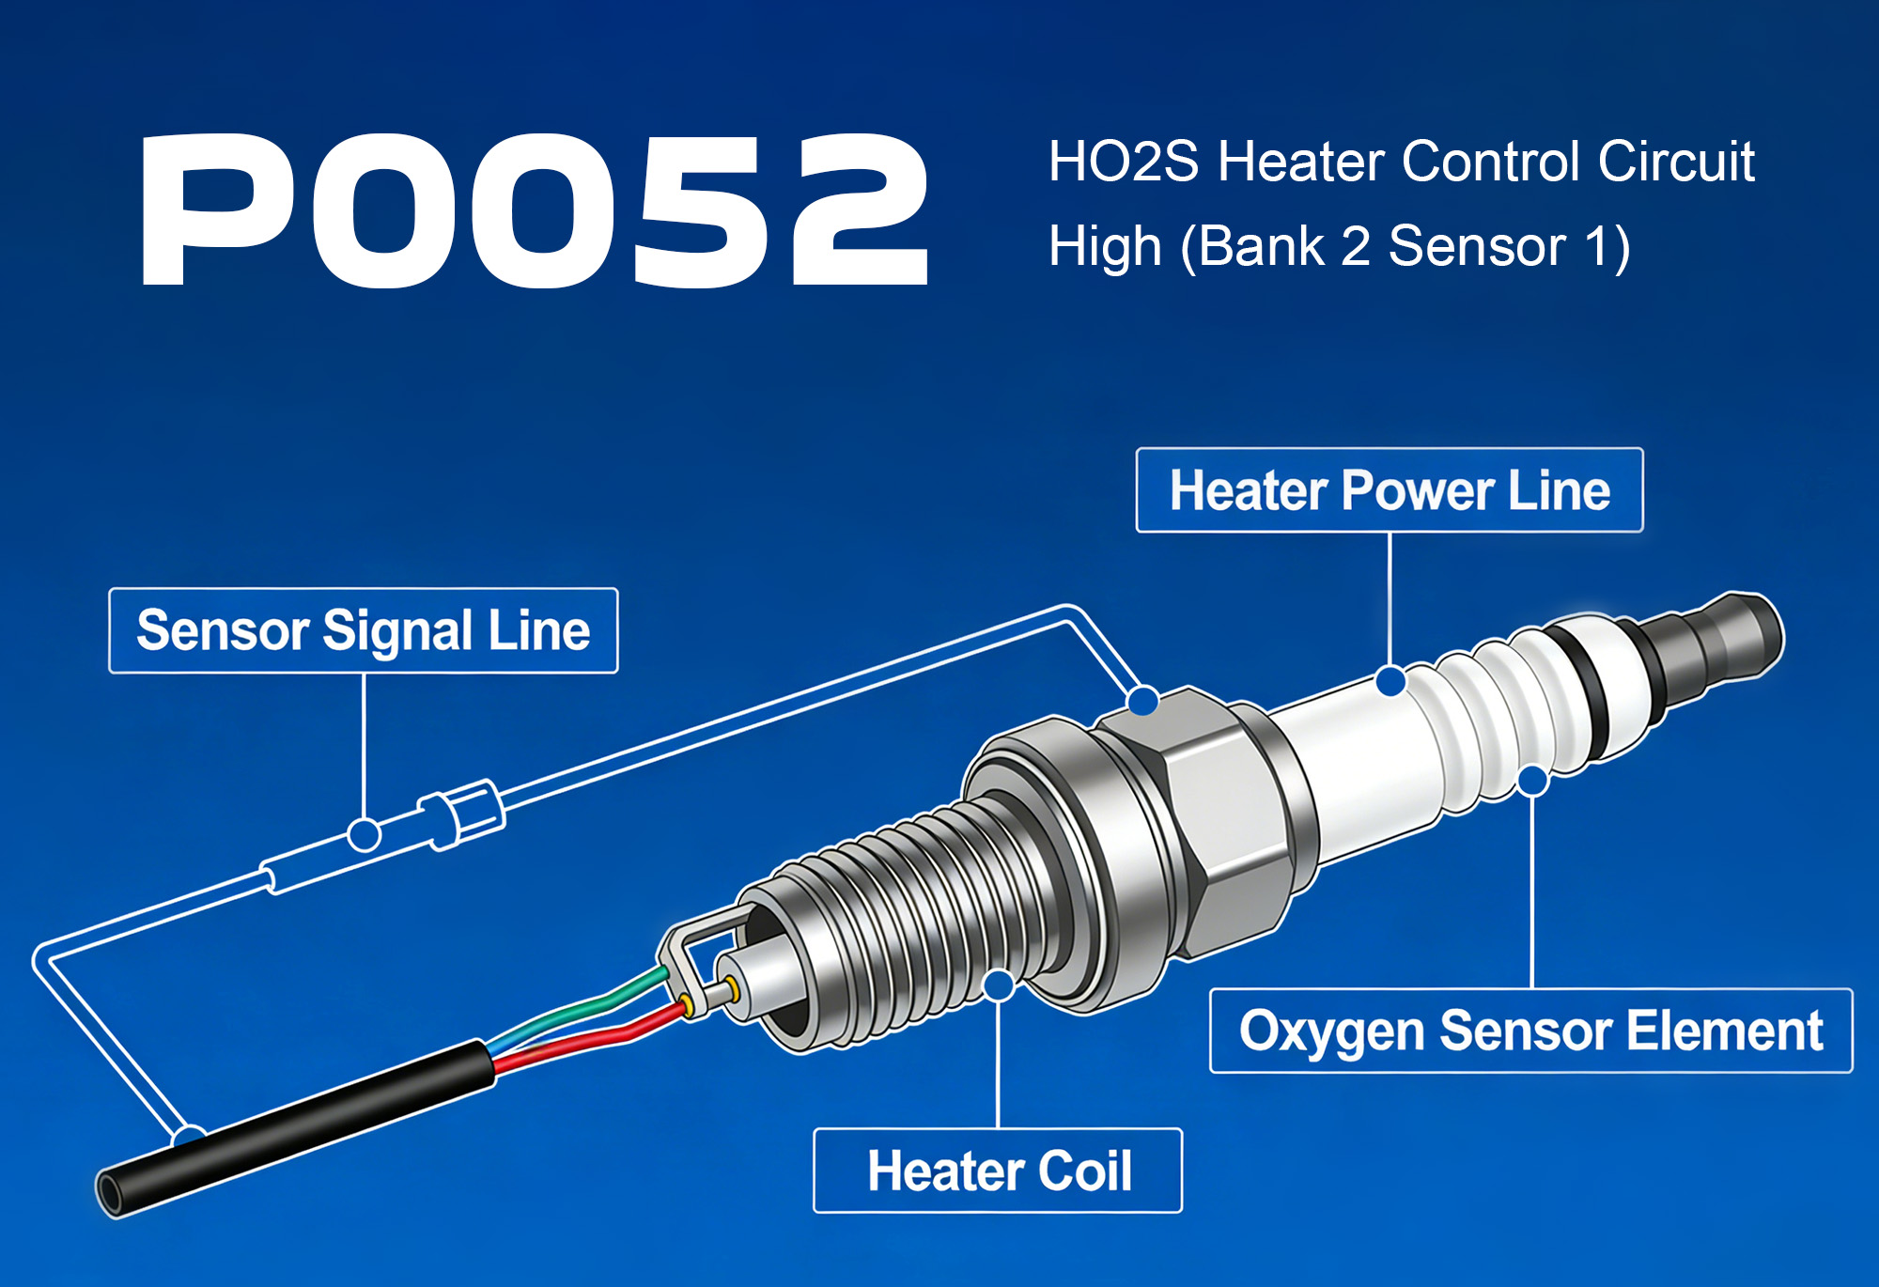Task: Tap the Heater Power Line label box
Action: [1390, 490]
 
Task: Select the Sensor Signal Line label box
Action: [364, 630]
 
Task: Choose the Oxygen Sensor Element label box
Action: [1530, 1031]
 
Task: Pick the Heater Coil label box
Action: [998, 1171]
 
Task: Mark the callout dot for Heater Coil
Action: [999, 985]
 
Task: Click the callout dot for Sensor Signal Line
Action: [365, 834]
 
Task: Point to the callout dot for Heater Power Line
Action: [1390, 681]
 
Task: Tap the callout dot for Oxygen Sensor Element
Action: [1532, 780]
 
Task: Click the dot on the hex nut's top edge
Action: [1142, 700]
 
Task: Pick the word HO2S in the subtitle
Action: [1123, 162]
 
